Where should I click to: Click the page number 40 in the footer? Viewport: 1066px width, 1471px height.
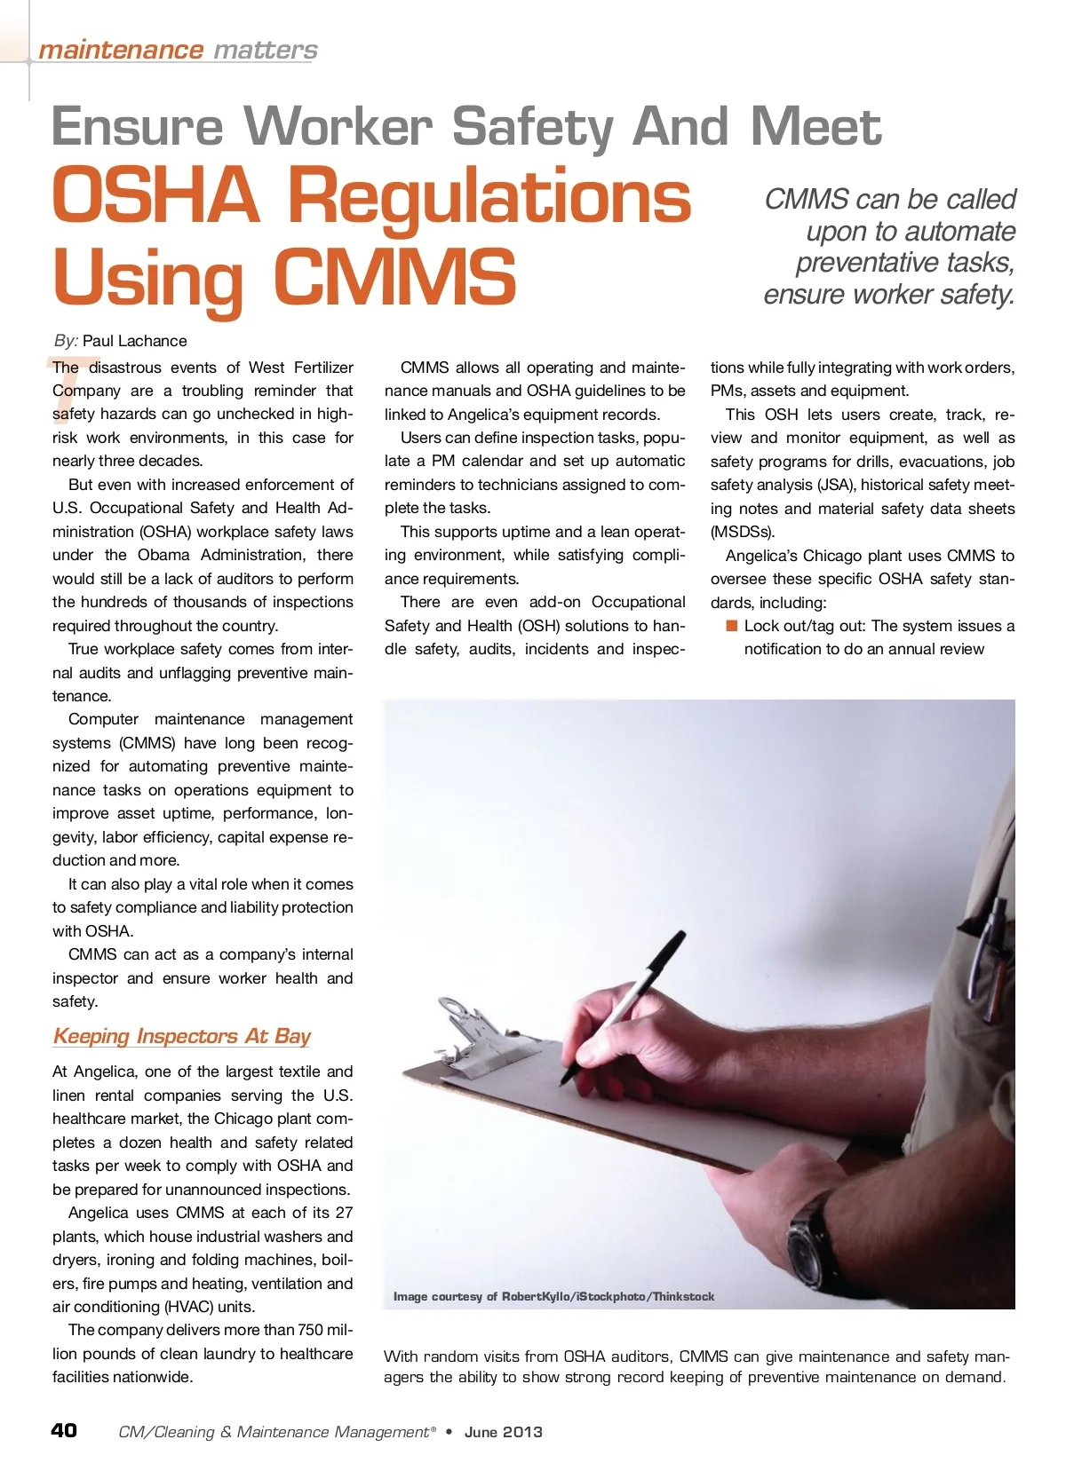pos(64,1430)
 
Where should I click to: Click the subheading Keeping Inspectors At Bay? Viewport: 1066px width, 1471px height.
pos(181,1036)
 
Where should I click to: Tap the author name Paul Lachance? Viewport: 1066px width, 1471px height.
pos(135,341)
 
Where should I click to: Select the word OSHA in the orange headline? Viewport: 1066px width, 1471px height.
pos(155,197)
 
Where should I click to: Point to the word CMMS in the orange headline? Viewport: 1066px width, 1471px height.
pos(394,276)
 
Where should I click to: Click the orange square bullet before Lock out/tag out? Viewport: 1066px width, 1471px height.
pos(732,626)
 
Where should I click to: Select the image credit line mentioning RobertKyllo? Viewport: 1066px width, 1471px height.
pos(553,1297)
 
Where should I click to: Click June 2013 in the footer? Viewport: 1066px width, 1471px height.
pos(503,1432)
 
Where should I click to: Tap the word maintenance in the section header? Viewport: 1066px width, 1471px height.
pos(121,50)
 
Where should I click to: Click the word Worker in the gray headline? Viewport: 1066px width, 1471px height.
pos(338,127)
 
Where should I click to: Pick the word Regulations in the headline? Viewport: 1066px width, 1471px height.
pos(489,197)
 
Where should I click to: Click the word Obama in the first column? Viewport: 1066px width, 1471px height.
pos(163,555)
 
